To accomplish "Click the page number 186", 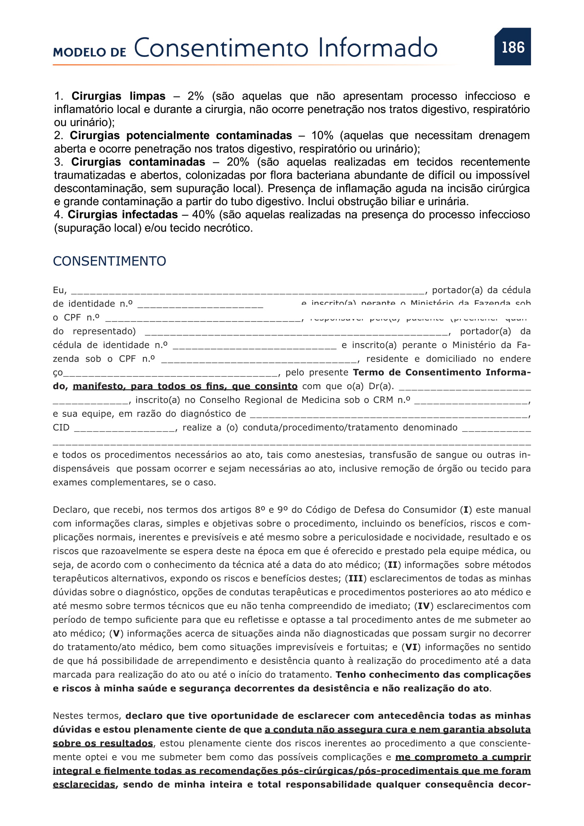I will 513,47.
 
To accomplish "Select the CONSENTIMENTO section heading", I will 109,261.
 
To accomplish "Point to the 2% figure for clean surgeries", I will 195,96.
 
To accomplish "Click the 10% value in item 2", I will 322,136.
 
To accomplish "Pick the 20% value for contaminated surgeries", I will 238,162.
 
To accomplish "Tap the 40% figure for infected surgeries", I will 203,215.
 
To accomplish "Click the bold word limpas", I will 148,96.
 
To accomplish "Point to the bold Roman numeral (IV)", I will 424,606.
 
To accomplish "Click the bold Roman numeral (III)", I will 356,578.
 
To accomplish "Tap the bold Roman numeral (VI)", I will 411,647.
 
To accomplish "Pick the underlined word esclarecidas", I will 84,785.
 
